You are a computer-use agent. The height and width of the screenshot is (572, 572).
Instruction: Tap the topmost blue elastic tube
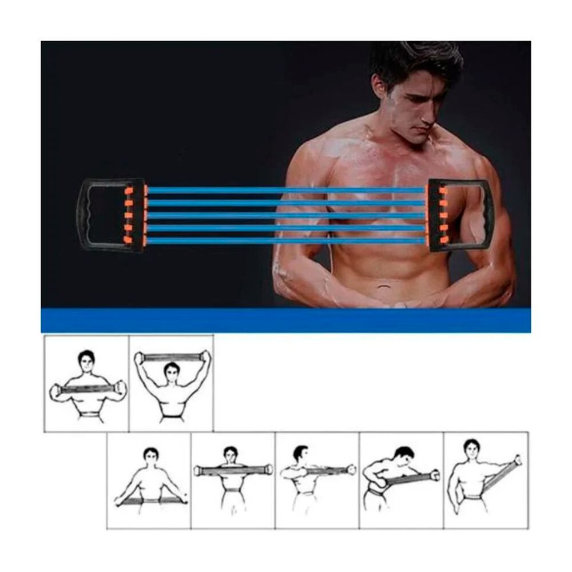(x=286, y=190)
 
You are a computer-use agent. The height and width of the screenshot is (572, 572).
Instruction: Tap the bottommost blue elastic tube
(x=286, y=241)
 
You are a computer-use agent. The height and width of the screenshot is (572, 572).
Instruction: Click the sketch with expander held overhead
(x=172, y=383)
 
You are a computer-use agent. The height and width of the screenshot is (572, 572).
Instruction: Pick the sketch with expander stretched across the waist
(x=149, y=480)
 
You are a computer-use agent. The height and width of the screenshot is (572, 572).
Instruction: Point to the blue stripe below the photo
(x=286, y=320)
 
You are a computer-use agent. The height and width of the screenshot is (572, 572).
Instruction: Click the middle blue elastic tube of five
(x=286, y=216)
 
